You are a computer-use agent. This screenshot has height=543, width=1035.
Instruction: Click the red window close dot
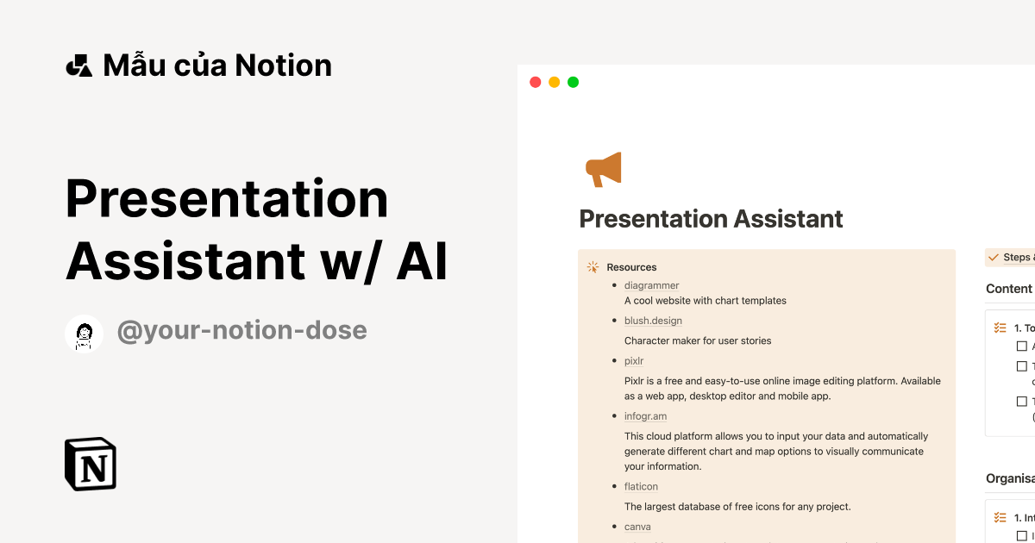pyautogui.click(x=536, y=83)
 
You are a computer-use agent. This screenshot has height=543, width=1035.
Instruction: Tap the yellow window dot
pyautogui.click(x=555, y=83)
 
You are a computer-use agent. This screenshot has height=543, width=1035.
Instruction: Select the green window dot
pyautogui.click(x=574, y=83)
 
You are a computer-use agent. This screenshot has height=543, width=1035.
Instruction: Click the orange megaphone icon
pyautogui.click(x=604, y=170)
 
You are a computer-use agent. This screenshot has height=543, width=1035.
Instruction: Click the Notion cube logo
pyautogui.click(x=91, y=465)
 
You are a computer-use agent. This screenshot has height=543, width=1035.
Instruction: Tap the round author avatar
pyautogui.click(x=85, y=334)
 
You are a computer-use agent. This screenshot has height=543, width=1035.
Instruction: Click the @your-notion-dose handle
pyautogui.click(x=241, y=330)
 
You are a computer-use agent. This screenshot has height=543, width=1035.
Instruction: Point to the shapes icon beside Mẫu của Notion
pyautogui.click(x=78, y=66)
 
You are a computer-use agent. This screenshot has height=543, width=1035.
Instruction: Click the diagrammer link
pyautogui.click(x=651, y=285)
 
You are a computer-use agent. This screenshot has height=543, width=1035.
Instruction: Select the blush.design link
pyautogui.click(x=653, y=321)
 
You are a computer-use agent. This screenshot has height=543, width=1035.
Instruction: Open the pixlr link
pyautogui.click(x=634, y=361)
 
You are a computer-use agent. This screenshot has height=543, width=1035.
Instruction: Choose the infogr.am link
pyautogui.click(x=645, y=416)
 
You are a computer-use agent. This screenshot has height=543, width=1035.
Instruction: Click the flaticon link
pyautogui.click(x=641, y=487)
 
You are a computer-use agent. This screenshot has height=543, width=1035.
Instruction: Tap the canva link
pyautogui.click(x=637, y=527)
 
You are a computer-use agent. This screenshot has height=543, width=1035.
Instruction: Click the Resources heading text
pyautogui.click(x=631, y=267)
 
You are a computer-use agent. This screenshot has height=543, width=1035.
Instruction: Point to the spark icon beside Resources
pyautogui.click(x=593, y=267)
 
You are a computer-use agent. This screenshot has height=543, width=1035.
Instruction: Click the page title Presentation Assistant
pyautogui.click(x=711, y=219)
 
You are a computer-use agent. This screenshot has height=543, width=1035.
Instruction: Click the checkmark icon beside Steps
pyautogui.click(x=994, y=258)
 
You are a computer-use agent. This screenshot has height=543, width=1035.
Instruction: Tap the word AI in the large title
pyautogui.click(x=422, y=262)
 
